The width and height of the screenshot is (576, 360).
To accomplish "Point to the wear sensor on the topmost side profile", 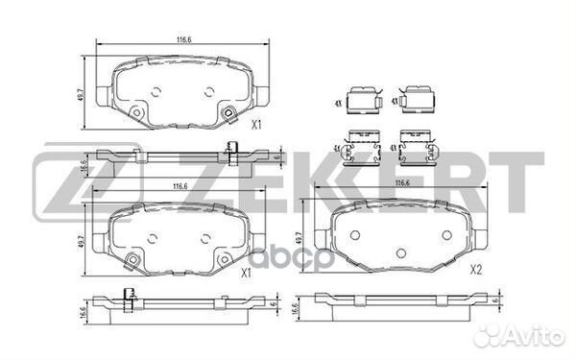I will click(x=232, y=149).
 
